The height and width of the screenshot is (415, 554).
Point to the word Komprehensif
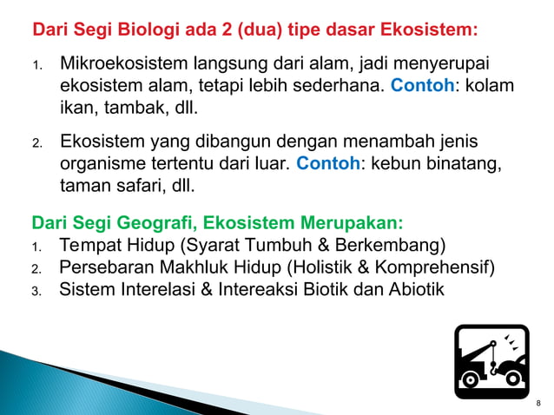point(435,267)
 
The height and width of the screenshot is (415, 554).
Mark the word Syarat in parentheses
point(228,244)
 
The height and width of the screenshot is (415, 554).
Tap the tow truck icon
point(491,360)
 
